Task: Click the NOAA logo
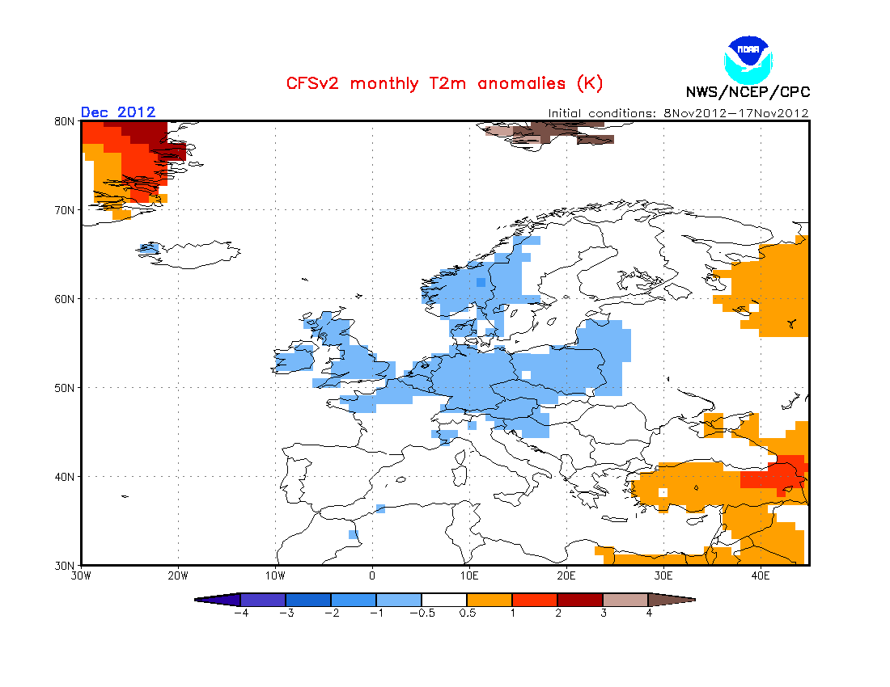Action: coord(748,60)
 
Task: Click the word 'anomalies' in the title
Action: coord(522,83)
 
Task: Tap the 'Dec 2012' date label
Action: coord(118,112)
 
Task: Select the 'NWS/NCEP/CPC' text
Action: coord(748,92)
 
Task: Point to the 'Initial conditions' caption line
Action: coord(678,113)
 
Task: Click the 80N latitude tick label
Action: coord(64,121)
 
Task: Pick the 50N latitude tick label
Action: coord(64,388)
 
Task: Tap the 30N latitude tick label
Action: coord(64,566)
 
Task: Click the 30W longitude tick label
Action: coord(81,576)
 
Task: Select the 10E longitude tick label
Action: coord(469,576)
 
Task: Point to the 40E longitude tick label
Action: coord(761,576)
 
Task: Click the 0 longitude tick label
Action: coord(372,576)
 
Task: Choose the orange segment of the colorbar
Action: coord(489,600)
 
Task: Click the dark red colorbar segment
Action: coord(580,600)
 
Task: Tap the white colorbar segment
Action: coord(444,600)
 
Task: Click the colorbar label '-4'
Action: coord(241,613)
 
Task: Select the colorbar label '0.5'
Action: coord(467,613)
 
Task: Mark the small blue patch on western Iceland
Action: coord(150,247)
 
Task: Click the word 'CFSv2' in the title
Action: coord(312,83)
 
